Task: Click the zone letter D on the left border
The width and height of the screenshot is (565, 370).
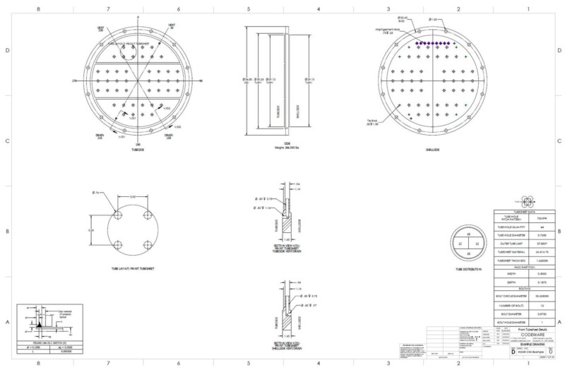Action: pos(6,51)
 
